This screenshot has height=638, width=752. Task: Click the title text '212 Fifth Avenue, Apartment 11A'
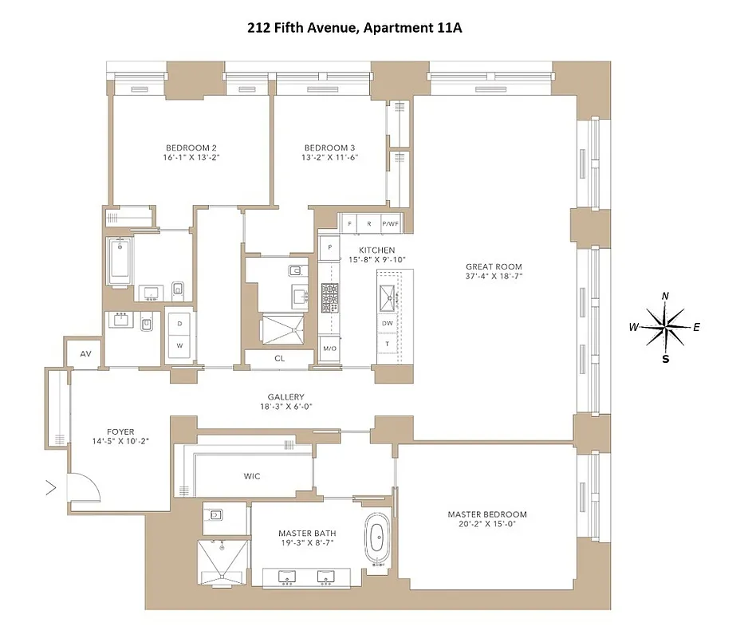pyautogui.click(x=354, y=29)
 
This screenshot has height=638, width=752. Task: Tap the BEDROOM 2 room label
pyautogui.click(x=191, y=148)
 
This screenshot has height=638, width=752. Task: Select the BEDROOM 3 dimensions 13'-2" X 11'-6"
pyautogui.click(x=330, y=158)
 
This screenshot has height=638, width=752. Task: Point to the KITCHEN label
pyautogui.click(x=365, y=250)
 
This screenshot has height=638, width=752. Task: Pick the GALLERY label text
pyautogui.click(x=285, y=397)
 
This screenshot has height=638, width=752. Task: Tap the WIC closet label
pyautogui.click(x=252, y=476)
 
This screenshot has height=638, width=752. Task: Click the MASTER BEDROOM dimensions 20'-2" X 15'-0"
pyautogui.click(x=486, y=526)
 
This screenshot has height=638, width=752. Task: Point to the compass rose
pyautogui.click(x=665, y=327)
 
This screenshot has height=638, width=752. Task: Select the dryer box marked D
pyautogui.click(x=179, y=324)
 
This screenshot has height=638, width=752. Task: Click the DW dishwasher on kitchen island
pyautogui.click(x=388, y=324)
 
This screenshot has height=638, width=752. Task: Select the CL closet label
pyautogui.click(x=279, y=359)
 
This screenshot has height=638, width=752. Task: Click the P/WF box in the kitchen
pyautogui.click(x=390, y=224)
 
